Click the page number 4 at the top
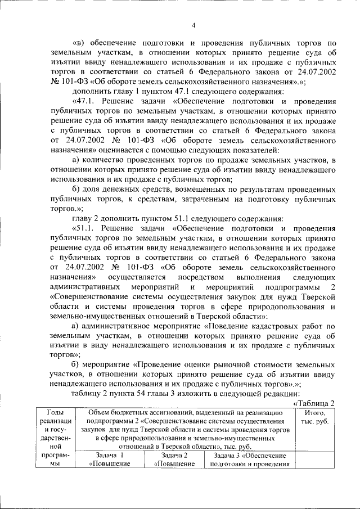point(193,25)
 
